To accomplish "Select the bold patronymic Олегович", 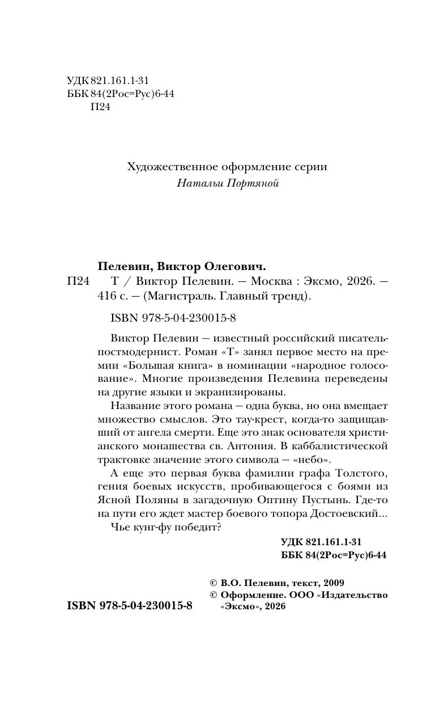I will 236,266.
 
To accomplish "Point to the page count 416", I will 106,296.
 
